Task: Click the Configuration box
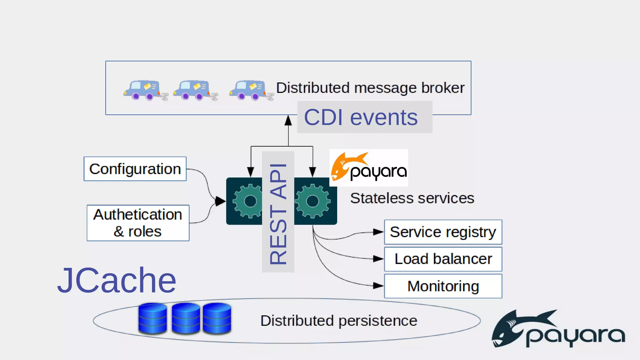tap(135, 169)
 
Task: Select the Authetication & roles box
tap(138, 223)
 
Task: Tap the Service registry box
tap(443, 232)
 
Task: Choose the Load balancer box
tap(443, 259)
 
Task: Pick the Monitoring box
tap(443, 286)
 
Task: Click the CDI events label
tap(361, 117)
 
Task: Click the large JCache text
tap(117, 280)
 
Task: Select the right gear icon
tap(312, 201)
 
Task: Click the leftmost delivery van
tap(142, 90)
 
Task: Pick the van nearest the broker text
tap(248, 90)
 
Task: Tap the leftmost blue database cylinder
tap(152, 318)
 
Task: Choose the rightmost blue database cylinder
tap(217, 318)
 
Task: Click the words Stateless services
tap(412, 198)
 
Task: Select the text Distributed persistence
tap(339, 321)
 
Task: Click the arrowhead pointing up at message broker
tap(288, 121)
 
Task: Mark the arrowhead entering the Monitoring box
tap(378, 286)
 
